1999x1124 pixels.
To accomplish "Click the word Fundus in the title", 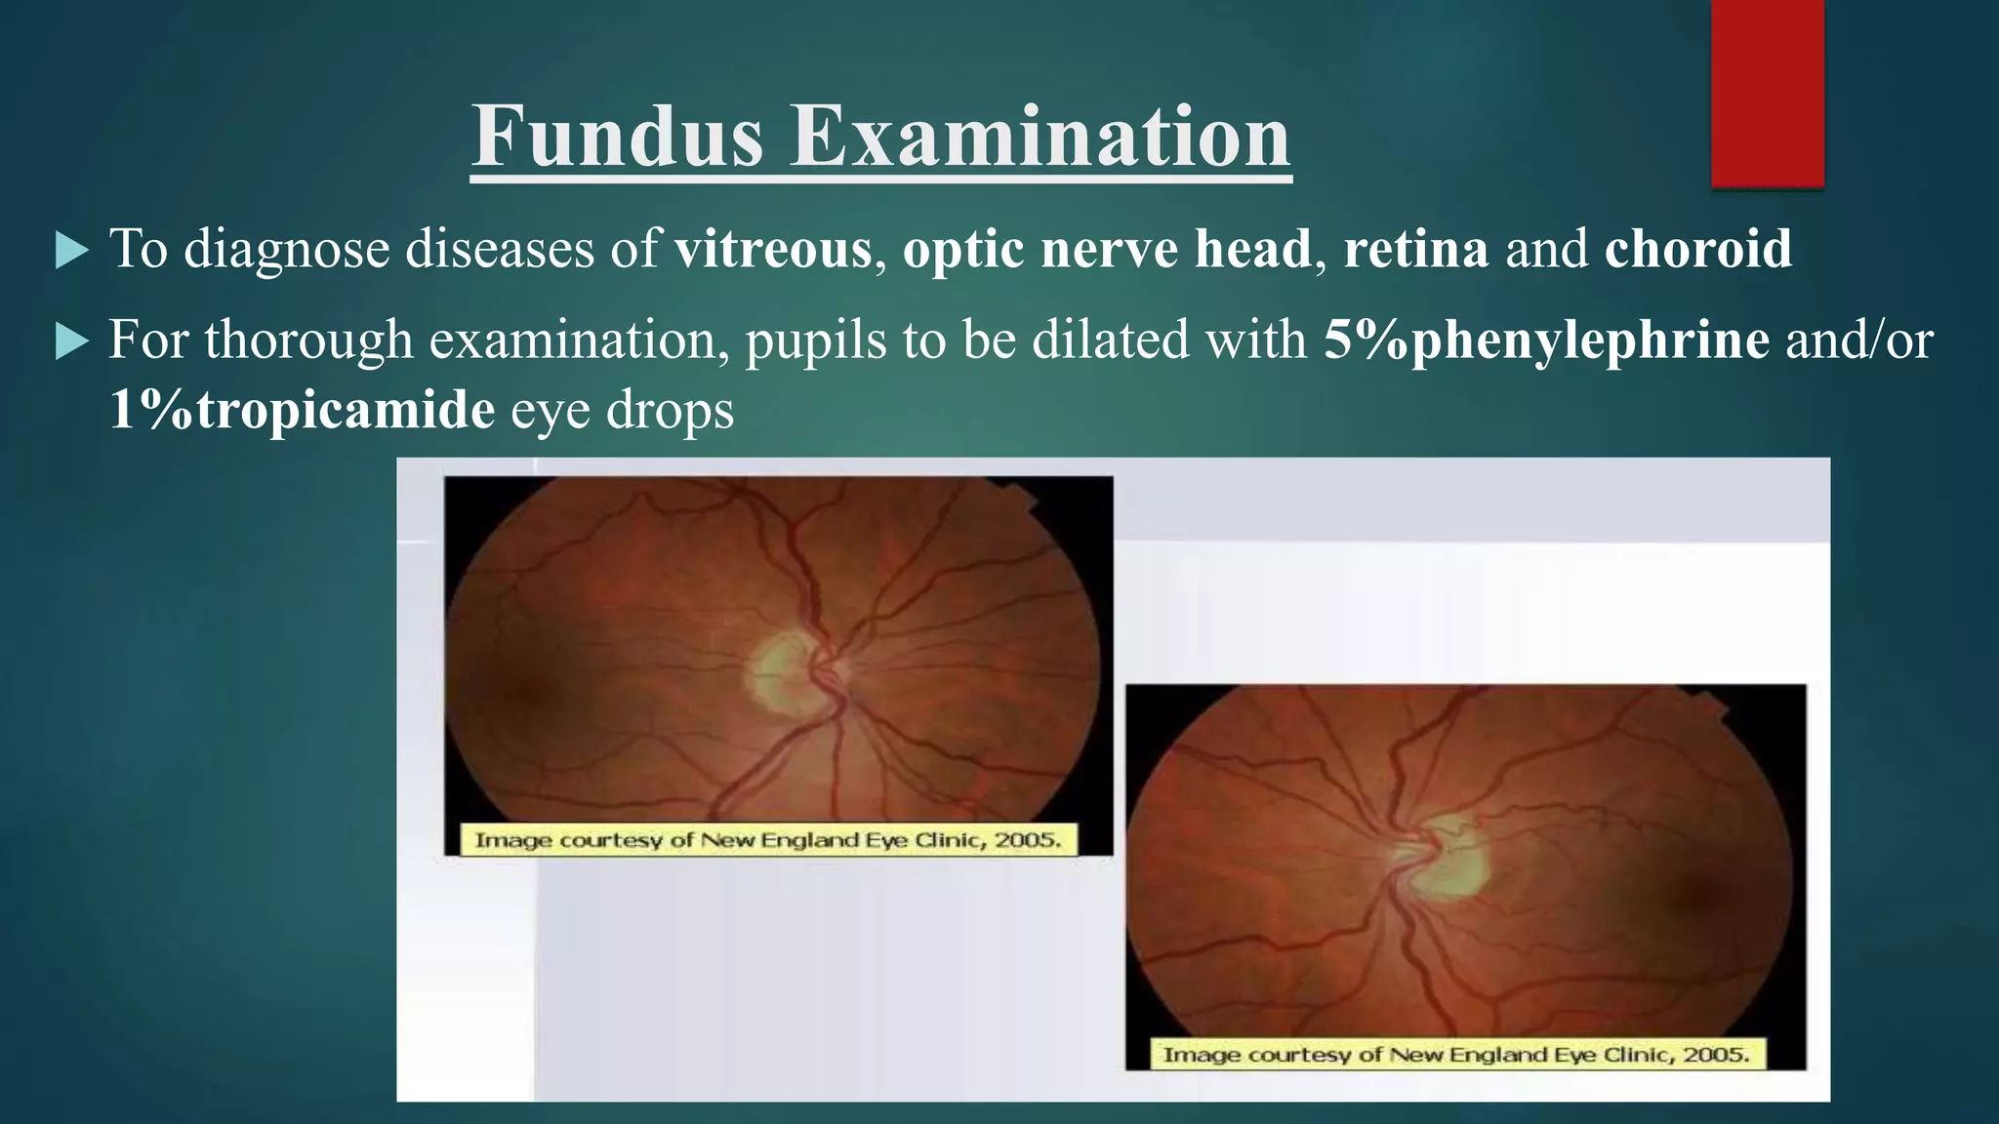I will [x=617, y=137].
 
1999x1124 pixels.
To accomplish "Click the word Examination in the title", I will [x=1040, y=137].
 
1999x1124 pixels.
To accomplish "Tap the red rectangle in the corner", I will [x=1767, y=93].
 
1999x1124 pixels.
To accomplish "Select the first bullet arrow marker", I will [x=71, y=251].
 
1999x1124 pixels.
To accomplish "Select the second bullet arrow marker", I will [x=71, y=342].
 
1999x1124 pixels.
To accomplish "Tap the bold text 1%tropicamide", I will [x=302, y=409].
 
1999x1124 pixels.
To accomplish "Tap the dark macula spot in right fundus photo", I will [x=1703, y=893].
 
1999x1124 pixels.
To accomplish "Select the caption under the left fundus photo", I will [x=768, y=840].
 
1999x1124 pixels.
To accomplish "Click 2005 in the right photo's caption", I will [x=1713, y=1054].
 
